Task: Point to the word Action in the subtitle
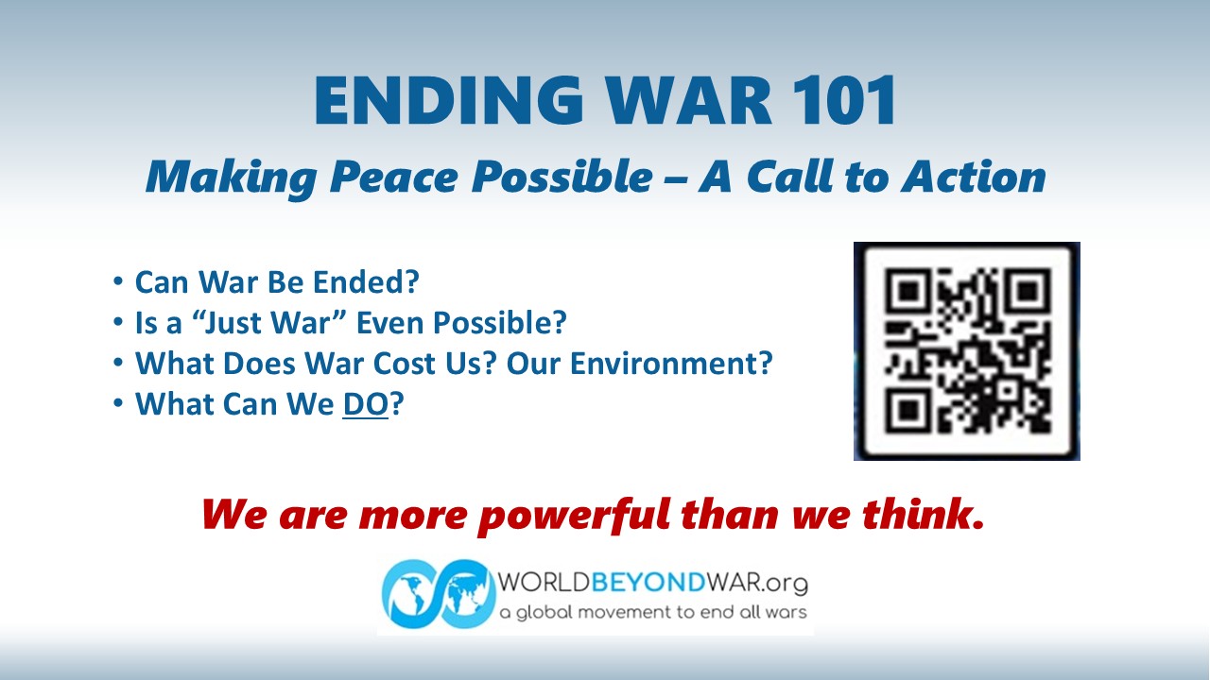point(974,177)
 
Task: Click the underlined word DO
point(366,403)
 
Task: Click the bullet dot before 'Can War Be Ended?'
point(118,281)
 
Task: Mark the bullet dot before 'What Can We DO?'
point(118,403)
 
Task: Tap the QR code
point(967,351)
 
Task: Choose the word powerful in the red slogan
point(574,516)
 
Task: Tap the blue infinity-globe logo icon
point(439,594)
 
